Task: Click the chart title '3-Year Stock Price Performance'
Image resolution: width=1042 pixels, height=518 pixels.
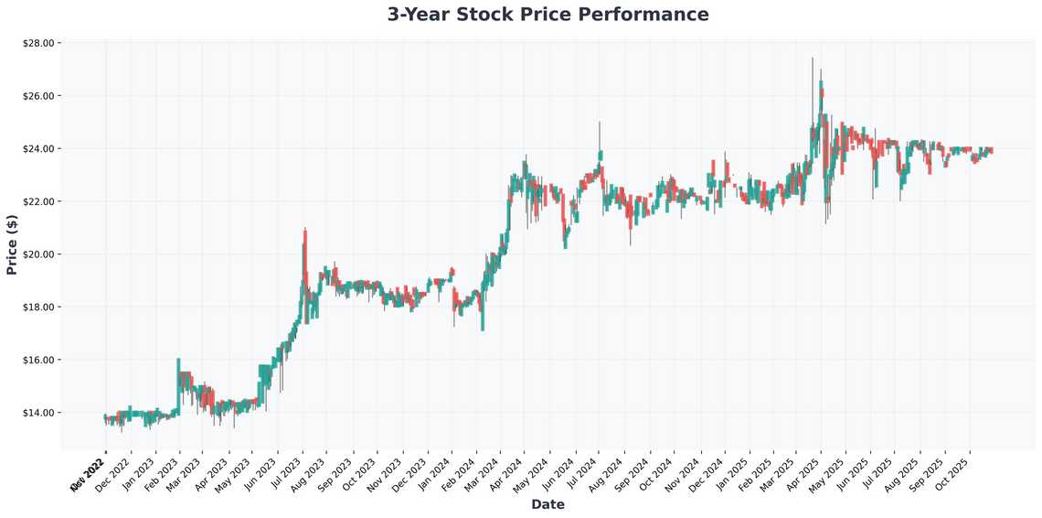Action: [x=548, y=15]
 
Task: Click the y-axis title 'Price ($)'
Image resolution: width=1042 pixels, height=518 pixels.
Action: [x=12, y=246]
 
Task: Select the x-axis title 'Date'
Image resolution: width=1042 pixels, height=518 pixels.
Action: [x=548, y=504]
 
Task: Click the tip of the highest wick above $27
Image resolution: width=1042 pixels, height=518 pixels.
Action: [x=812, y=58]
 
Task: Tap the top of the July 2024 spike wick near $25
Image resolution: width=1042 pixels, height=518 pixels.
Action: [x=600, y=122]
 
